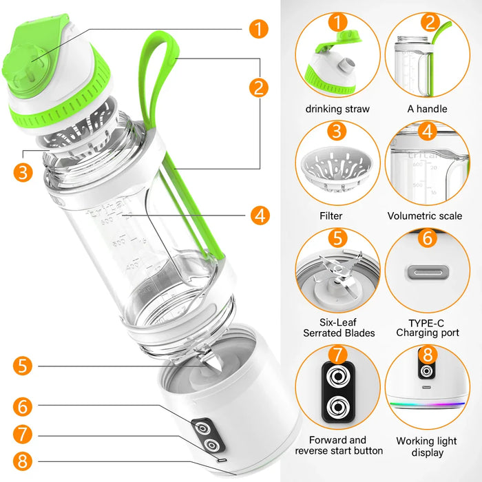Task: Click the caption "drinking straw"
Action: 337,109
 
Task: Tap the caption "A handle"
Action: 427,109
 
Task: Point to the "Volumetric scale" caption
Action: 425,216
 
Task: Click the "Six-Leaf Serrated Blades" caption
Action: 339,328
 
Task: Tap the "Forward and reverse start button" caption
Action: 339,445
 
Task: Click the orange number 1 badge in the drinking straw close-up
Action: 337,21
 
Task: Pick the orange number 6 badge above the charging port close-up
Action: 427,238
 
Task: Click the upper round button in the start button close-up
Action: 337,376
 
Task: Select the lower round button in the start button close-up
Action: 337,406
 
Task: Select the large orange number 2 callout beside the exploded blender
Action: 259,87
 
